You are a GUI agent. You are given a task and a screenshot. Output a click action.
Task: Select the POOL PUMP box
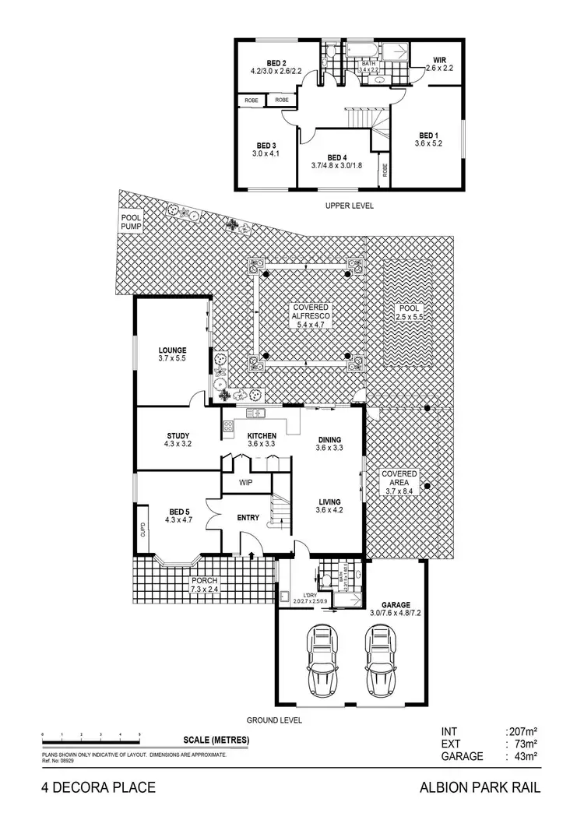[x=129, y=222]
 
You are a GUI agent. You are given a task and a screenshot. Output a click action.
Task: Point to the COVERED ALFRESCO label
[x=305, y=312]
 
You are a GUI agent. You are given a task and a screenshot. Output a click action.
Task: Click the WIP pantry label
[x=245, y=483]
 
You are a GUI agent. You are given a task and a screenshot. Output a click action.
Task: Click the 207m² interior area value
[x=520, y=732]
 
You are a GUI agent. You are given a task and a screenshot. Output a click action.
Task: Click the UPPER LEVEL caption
[x=350, y=206]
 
